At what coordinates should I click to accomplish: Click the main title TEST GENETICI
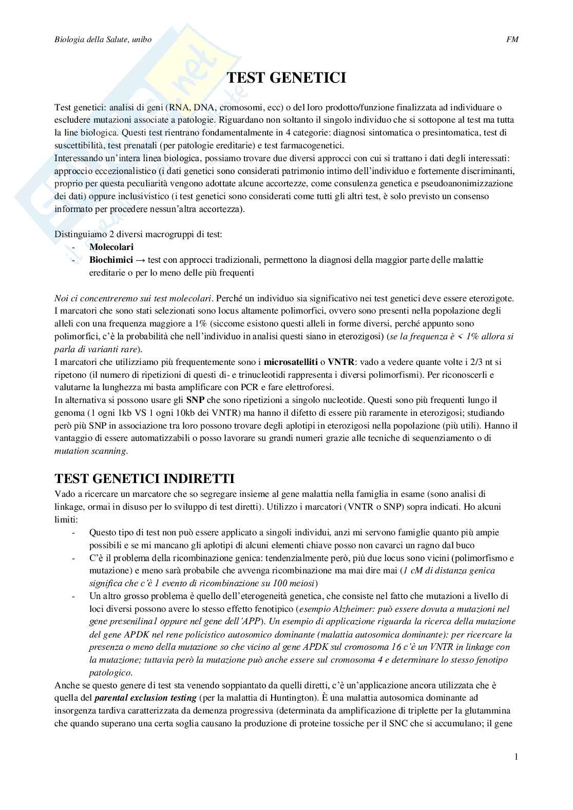pyautogui.click(x=286, y=78)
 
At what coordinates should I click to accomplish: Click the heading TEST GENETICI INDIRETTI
pyautogui.click(x=144, y=478)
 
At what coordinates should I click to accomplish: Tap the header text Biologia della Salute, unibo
pyautogui.click(x=103, y=40)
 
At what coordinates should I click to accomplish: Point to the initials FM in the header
pyautogui.click(x=512, y=40)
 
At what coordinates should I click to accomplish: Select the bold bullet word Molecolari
pyautogui.click(x=111, y=247)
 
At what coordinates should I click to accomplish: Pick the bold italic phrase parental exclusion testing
pyautogui.click(x=146, y=698)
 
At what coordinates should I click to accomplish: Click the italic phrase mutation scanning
pyautogui.click(x=90, y=451)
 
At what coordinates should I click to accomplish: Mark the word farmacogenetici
pyautogui.click(x=312, y=145)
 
